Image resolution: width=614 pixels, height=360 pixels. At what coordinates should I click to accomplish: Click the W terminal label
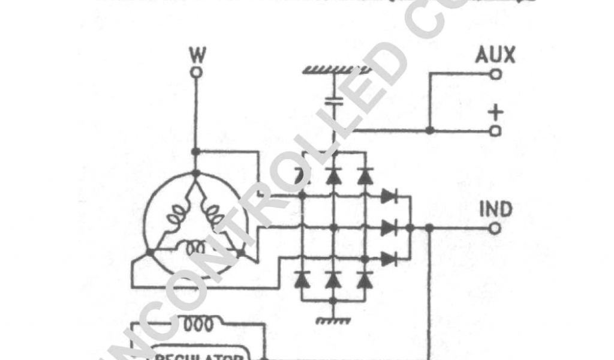[195, 56]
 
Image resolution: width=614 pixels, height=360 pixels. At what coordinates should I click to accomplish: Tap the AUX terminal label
[495, 56]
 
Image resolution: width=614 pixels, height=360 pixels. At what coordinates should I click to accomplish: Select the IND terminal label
[496, 210]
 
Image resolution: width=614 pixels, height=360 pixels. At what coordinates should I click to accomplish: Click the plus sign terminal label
[495, 112]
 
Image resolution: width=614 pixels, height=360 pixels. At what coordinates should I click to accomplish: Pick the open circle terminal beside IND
[495, 228]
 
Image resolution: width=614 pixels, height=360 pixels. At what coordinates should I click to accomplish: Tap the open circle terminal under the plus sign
[495, 130]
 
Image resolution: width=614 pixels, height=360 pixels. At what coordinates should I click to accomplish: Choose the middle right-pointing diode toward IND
[389, 228]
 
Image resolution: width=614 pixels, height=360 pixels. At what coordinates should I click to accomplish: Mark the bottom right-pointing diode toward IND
[389, 259]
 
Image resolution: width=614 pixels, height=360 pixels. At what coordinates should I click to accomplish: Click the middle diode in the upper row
[333, 176]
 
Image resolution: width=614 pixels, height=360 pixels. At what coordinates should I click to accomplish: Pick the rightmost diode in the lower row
[362, 279]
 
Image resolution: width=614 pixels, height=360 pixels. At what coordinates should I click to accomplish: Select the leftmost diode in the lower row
[303, 279]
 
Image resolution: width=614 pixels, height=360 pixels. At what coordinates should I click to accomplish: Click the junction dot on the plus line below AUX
[429, 130]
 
